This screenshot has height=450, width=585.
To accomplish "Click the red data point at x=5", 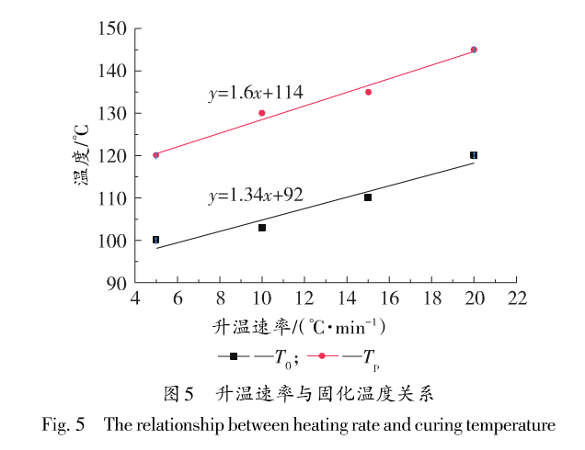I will coord(156,155).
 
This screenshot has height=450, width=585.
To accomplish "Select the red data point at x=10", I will coord(262,113).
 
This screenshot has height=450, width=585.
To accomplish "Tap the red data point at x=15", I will coord(368,92).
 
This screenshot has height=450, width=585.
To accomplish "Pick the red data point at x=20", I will coord(474,50).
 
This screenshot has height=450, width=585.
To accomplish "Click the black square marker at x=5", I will coord(156,240).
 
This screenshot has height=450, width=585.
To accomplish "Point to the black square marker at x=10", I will coord(262,227).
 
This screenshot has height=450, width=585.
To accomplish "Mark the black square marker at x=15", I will coord(368,197).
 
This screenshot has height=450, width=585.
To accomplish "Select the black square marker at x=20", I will coord(474,155).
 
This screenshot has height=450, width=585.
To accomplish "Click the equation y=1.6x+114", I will coord(255,92).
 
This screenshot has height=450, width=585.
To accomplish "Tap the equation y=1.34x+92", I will coord(256,195).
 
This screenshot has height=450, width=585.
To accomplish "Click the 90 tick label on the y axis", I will coord(117,283).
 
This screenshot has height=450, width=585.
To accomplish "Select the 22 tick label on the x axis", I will coord(516,299).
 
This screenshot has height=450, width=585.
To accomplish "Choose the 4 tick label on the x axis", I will coord(135,299).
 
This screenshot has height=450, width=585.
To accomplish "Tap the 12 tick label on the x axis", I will coord(304,299).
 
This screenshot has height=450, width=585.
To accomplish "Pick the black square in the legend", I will coord(234,356).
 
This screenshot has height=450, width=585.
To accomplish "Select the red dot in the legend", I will coord(323,356).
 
